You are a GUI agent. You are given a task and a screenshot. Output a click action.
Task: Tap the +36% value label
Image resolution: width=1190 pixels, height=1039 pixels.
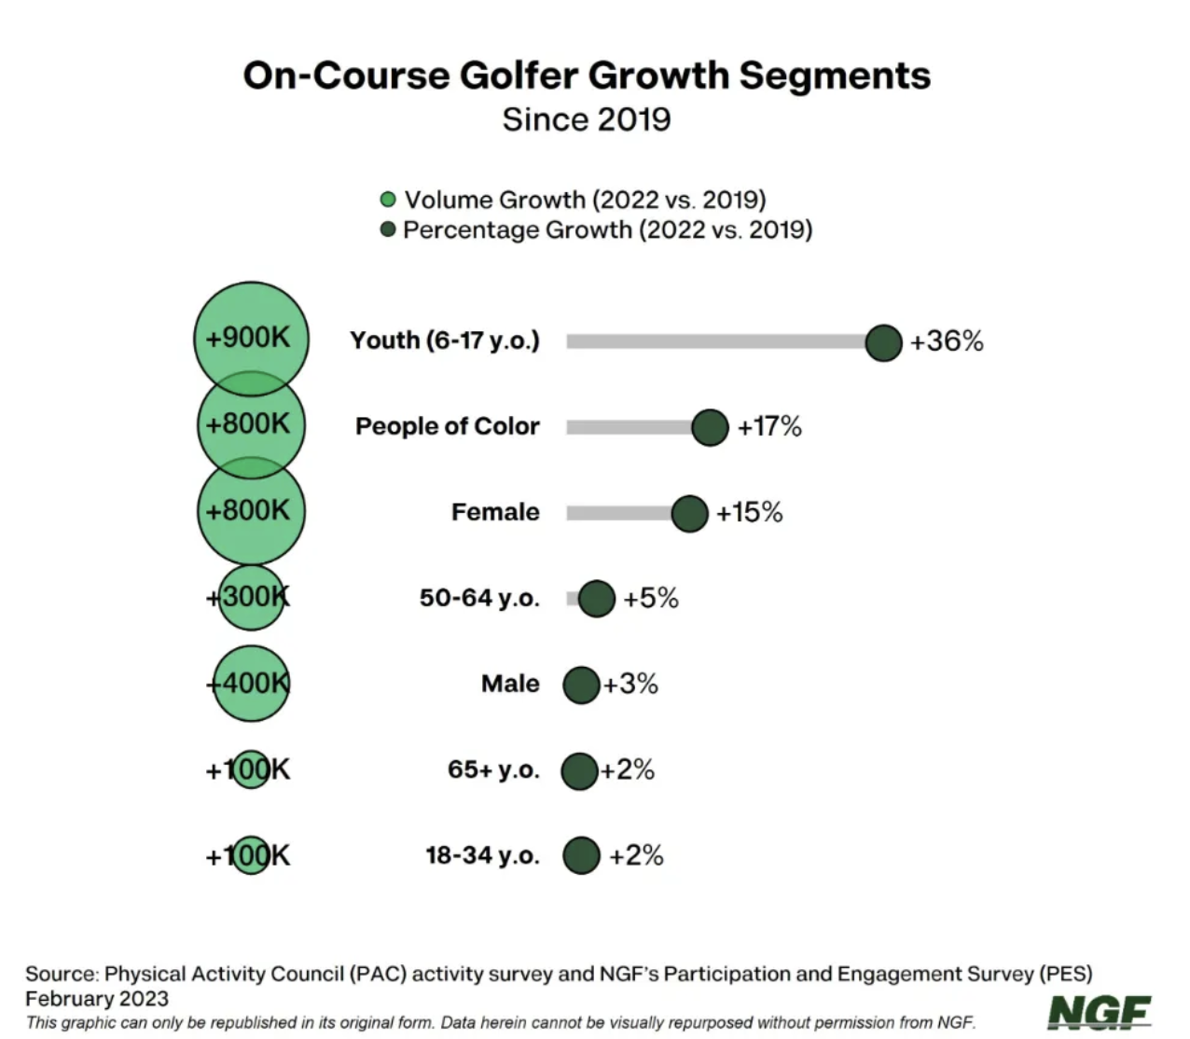tap(947, 341)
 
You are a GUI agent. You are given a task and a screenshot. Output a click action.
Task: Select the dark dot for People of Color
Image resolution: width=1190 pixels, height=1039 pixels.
tap(710, 427)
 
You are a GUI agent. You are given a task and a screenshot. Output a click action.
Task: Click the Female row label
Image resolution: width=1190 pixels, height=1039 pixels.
tap(495, 512)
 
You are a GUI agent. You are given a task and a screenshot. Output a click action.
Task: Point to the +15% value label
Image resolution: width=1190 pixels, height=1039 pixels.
tap(749, 512)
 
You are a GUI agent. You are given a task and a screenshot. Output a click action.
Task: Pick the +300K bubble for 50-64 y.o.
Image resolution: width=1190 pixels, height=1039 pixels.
tap(250, 597)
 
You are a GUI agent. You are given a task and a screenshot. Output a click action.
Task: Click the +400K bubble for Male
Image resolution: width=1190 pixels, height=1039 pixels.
tap(250, 683)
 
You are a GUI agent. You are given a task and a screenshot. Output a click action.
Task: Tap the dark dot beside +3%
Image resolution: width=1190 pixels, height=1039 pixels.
tap(580, 685)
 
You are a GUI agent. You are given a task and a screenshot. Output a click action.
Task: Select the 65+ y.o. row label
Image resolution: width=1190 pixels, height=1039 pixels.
tap(493, 770)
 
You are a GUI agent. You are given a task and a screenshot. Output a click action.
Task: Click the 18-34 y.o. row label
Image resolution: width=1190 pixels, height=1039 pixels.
tap(482, 855)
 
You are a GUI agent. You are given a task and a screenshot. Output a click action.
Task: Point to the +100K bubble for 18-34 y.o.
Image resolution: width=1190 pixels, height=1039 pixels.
tap(250, 854)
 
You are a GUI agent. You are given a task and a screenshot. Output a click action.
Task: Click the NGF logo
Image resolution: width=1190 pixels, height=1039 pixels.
tap(1100, 1012)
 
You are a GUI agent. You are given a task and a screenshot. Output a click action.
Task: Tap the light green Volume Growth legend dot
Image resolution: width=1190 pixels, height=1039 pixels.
tap(388, 200)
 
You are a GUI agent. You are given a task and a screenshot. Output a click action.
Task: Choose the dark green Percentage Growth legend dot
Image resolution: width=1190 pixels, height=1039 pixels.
tap(388, 229)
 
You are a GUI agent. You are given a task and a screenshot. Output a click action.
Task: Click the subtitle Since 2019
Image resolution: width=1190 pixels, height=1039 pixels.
tap(586, 119)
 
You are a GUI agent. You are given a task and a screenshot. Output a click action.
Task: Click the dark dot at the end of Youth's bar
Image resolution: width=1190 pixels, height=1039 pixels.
tap(883, 342)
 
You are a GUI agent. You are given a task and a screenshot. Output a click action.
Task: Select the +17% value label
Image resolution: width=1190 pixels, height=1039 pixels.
tap(769, 427)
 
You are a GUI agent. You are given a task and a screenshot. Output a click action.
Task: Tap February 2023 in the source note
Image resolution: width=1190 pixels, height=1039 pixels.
tap(97, 998)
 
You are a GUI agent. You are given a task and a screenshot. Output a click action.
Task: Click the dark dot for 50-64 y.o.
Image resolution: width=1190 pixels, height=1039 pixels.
tap(597, 598)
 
